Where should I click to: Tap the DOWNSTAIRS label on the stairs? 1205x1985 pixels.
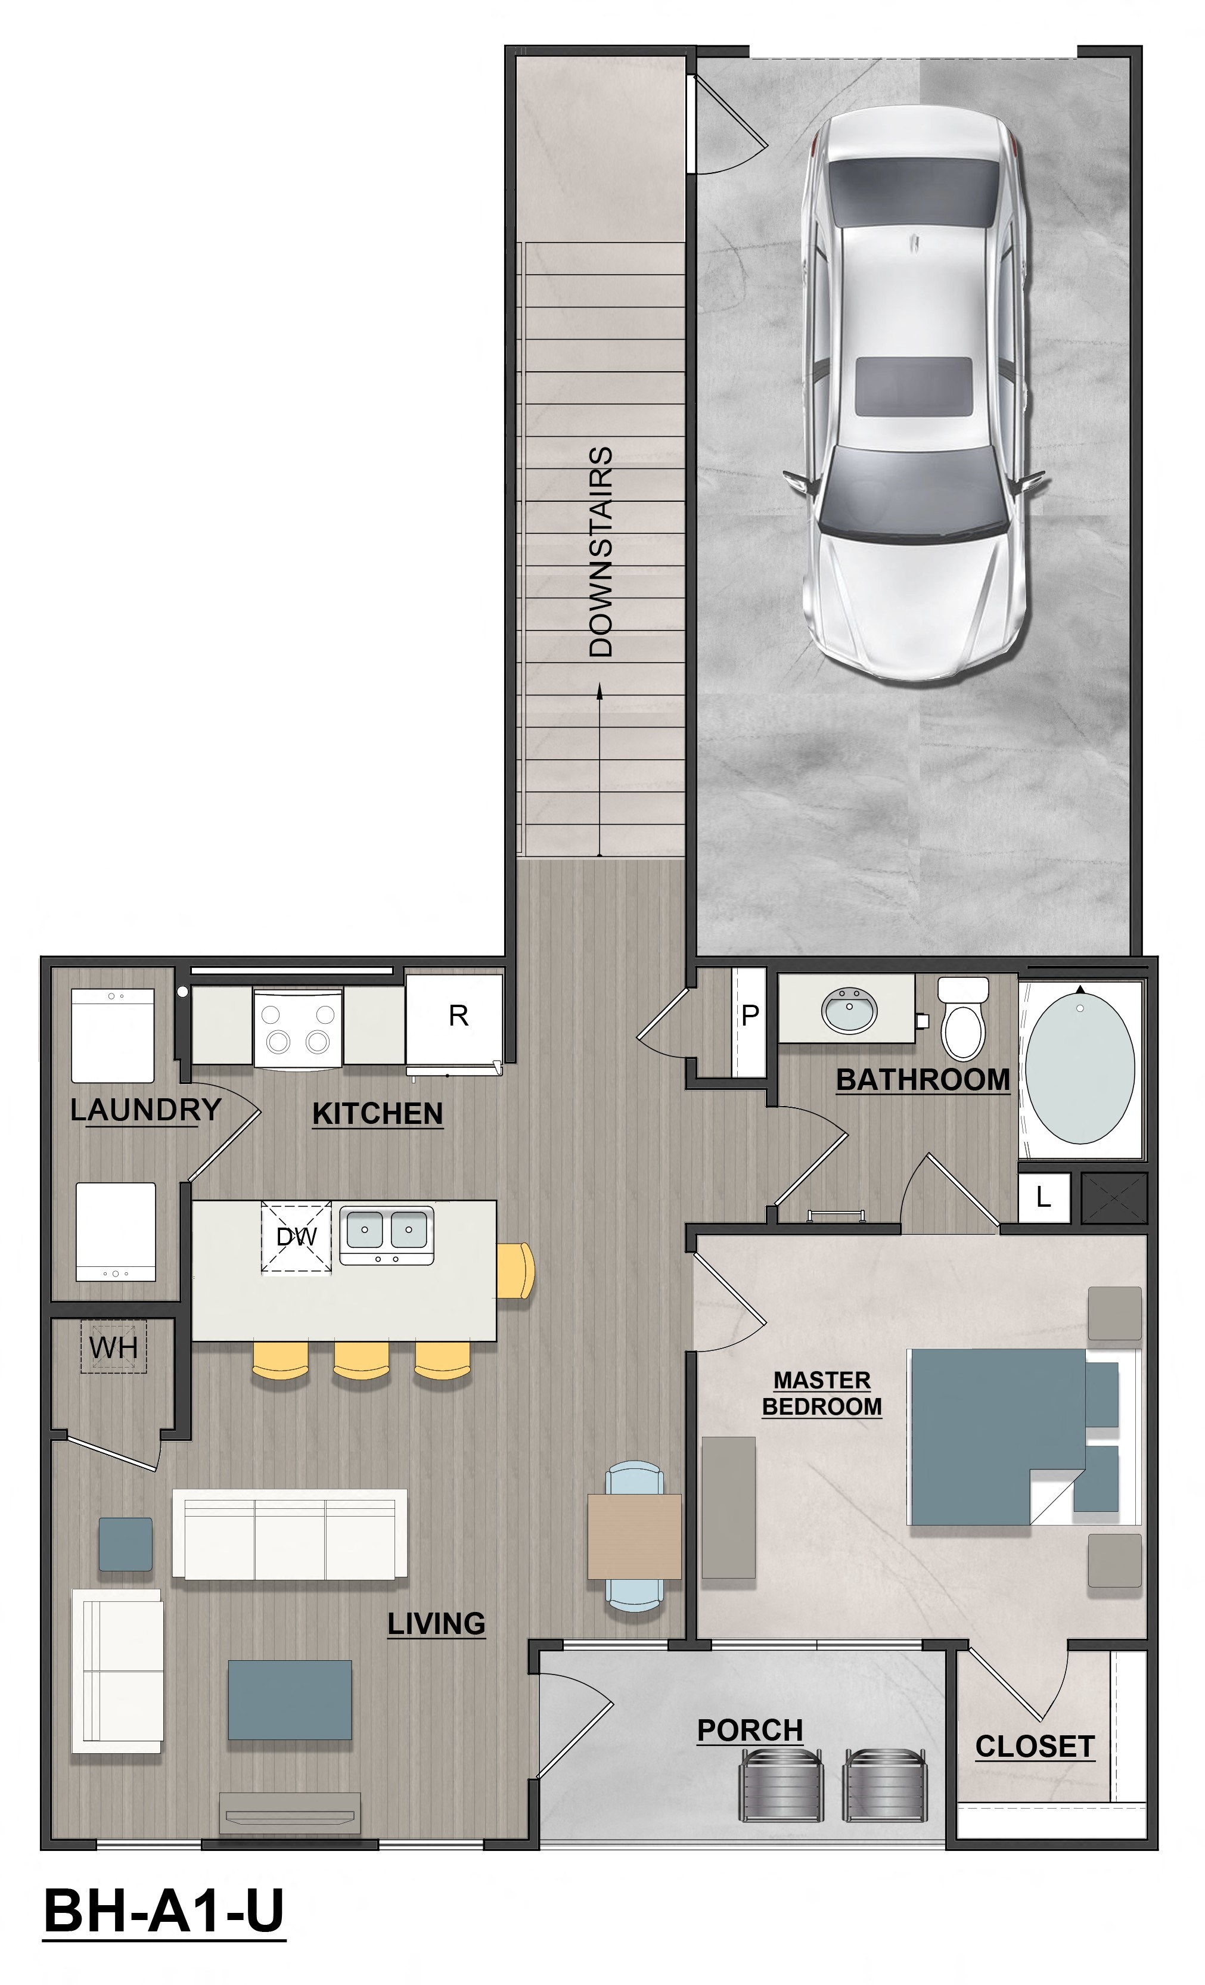click(601, 551)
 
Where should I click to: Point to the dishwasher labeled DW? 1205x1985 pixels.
click(296, 1237)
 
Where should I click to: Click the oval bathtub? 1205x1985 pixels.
click(1079, 1067)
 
